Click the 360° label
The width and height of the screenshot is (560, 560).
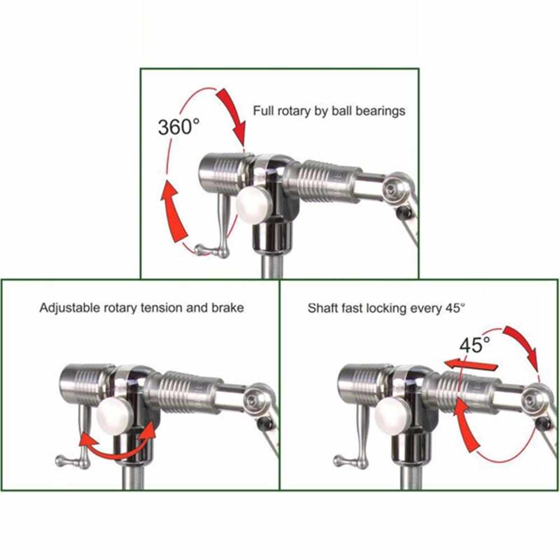tap(178, 127)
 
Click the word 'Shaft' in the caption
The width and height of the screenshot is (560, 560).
tap(323, 307)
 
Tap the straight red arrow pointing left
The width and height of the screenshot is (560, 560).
tap(470, 365)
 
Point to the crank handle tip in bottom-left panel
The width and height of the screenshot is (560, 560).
tap(59, 460)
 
